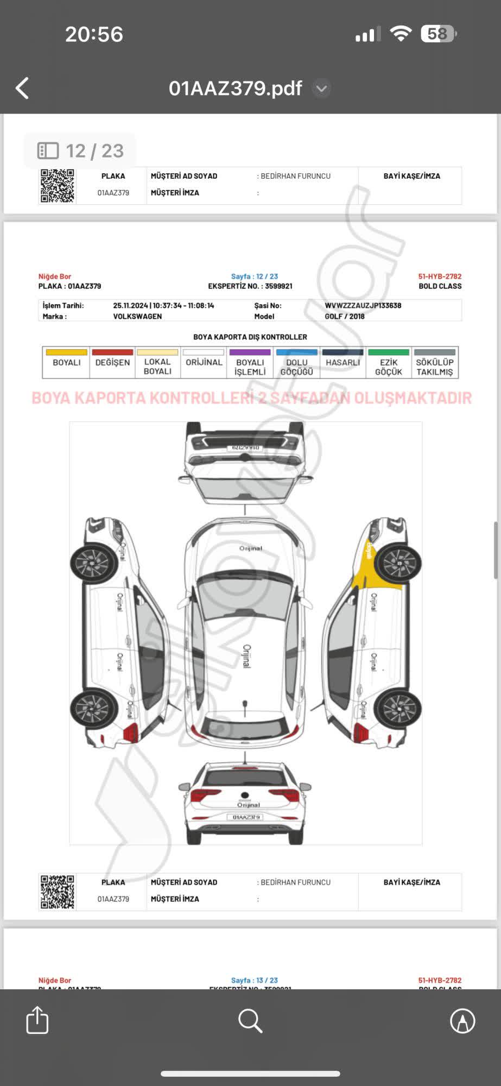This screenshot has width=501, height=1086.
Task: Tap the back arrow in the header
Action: point(22,88)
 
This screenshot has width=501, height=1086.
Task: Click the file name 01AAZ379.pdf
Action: point(235,88)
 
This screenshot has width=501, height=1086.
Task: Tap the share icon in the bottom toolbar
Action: point(37,1020)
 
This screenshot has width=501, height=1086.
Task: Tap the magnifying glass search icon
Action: point(250,1021)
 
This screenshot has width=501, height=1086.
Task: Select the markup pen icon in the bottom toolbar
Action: point(462,1021)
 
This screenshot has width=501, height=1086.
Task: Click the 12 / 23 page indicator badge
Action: point(80,151)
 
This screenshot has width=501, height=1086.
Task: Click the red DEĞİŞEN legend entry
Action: point(112,362)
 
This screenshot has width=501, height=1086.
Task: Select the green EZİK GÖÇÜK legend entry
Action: point(389,363)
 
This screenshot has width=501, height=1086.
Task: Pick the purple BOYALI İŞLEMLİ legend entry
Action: point(250,363)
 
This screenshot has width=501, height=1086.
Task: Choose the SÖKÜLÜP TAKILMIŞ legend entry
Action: point(435,363)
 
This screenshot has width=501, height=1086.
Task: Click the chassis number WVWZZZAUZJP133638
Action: point(363,306)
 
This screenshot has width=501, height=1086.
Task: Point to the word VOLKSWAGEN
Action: point(137,317)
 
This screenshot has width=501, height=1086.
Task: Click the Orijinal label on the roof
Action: point(246,656)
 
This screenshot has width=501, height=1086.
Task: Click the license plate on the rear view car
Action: point(246,817)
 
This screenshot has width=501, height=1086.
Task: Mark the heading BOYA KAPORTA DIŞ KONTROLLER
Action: point(250,337)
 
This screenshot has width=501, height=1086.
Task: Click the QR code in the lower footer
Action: point(58,892)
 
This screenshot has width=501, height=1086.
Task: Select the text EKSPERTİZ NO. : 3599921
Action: point(250,286)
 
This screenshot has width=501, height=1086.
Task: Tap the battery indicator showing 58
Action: point(438,34)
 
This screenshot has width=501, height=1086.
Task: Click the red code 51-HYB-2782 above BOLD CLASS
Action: point(440,276)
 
